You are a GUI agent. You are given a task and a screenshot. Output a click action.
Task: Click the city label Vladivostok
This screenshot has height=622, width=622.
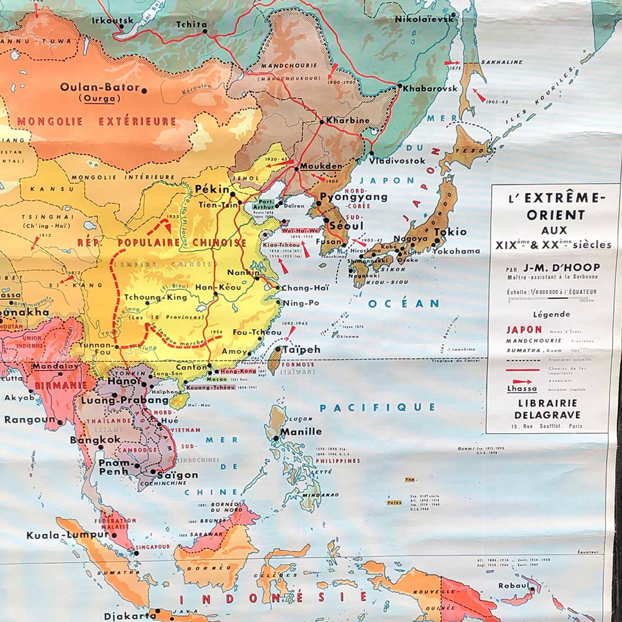point(397,161)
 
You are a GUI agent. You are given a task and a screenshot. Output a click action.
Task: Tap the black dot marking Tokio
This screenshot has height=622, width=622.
point(437,240)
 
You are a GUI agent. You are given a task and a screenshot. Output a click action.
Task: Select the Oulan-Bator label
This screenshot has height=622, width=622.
point(100,88)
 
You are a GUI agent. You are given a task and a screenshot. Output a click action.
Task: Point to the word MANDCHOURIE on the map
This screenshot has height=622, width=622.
point(290,66)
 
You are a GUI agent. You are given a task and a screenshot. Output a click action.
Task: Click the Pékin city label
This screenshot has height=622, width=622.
point(212,189)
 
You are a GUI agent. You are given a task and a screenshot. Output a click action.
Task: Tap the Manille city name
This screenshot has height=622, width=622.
point(301,431)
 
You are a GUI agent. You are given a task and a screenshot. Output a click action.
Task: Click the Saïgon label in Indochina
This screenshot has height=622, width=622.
point(177,475)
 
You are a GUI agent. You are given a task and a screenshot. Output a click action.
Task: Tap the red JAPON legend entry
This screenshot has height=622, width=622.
point(524,330)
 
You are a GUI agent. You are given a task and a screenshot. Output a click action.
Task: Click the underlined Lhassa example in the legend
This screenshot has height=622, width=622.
point(522,388)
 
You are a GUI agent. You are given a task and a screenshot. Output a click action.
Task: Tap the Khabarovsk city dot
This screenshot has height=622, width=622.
point(400,86)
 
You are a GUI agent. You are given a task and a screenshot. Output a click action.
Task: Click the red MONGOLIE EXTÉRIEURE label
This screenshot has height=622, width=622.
point(97,122)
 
